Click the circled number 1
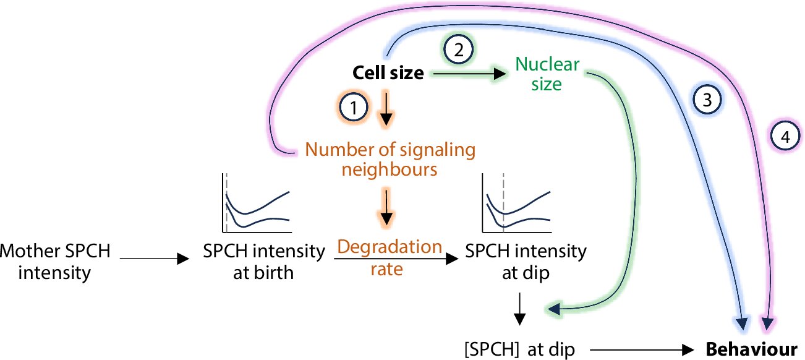pyautogui.click(x=354, y=108)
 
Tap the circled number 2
pyautogui.click(x=458, y=50)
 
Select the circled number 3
pyautogui.click(x=707, y=100)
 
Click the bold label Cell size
pyautogui.click(x=388, y=74)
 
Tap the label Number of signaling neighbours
pyautogui.click(x=390, y=158)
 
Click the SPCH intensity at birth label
pyautogui.click(x=264, y=262)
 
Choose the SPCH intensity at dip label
pyautogui.click(x=526, y=262)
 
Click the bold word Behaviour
pyautogui.click(x=751, y=349)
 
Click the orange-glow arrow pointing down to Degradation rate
pyautogui.click(x=386, y=208)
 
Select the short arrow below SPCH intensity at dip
pyautogui.click(x=520, y=308)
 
